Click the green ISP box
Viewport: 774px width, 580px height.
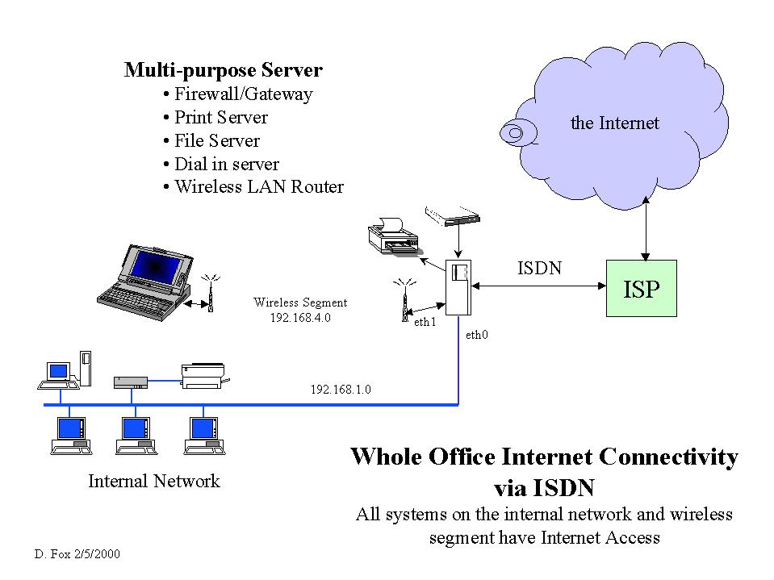[x=642, y=288]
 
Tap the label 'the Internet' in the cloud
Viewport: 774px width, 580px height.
[x=614, y=123]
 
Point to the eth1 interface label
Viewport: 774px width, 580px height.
[x=425, y=322]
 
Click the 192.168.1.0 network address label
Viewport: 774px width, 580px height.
[x=341, y=390]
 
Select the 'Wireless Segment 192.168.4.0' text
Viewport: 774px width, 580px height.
[x=300, y=310]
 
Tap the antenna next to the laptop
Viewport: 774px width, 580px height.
[x=210, y=293]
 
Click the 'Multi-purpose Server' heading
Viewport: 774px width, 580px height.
[x=223, y=70]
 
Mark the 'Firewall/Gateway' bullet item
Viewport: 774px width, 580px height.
[x=243, y=94]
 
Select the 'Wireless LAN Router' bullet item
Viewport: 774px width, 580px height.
[x=258, y=187]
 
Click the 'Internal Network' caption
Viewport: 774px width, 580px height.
[x=153, y=482]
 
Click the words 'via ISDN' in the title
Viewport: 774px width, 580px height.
[x=543, y=487]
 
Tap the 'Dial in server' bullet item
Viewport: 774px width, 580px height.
[x=226, y=164]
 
